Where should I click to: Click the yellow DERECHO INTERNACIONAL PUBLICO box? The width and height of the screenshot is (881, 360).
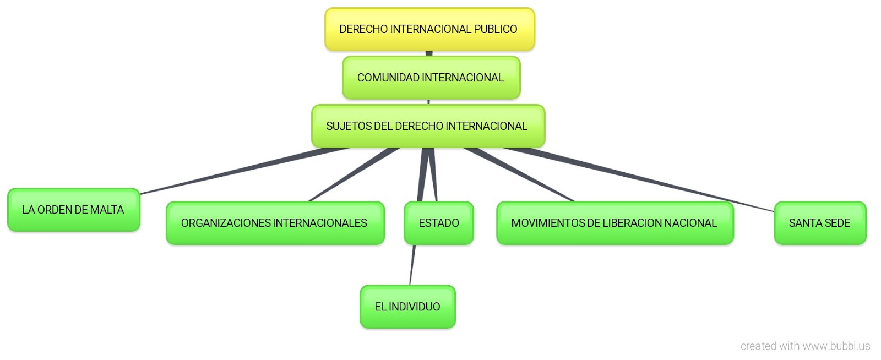[x=429, y=29]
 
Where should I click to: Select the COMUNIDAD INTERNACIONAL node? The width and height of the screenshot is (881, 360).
[x=431, y=78]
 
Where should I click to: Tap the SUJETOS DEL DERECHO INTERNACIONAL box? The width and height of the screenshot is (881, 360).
[x=428, y=126]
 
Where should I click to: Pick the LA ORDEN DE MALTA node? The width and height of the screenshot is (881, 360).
[x=73, y=210]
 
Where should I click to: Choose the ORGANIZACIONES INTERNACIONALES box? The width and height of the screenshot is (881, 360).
[x=275, y=223]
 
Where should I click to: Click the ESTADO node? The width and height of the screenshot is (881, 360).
[x=438, y=223]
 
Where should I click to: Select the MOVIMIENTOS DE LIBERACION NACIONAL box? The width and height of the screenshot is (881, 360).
[x=614, y=223]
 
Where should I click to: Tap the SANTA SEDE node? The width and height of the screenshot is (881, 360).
[x=819, y=223]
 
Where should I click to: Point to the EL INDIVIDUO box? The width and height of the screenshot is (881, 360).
[x=407, y=307]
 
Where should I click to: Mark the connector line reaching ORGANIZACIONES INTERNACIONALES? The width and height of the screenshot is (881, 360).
[x=352, y=175]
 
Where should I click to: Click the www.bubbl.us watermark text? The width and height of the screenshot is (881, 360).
[x=836, y=346]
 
